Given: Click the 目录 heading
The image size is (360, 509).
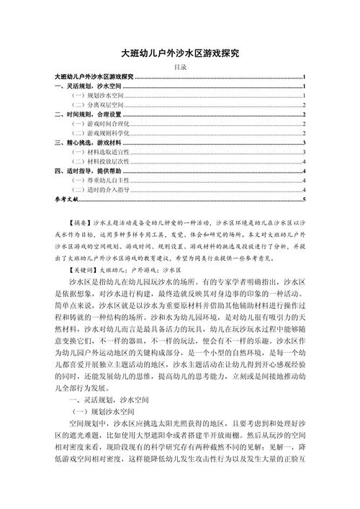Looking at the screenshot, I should coord(181,67).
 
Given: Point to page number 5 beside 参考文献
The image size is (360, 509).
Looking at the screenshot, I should coord(305,199).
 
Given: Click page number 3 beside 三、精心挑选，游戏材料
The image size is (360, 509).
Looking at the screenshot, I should coord(305,143).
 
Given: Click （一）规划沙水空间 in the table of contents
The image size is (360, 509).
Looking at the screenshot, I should coord(95,95).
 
